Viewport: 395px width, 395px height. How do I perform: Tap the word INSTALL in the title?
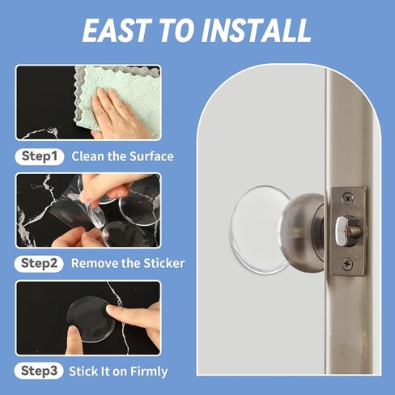click(259, 31)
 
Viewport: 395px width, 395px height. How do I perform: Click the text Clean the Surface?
click(122, 155)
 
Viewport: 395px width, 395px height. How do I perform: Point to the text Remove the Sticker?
click(128, 263)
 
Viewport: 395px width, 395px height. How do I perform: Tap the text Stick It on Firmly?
click(120, 372)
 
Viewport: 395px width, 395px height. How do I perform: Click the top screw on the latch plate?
click(346, 197)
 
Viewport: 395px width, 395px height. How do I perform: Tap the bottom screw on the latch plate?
click(346, 262)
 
